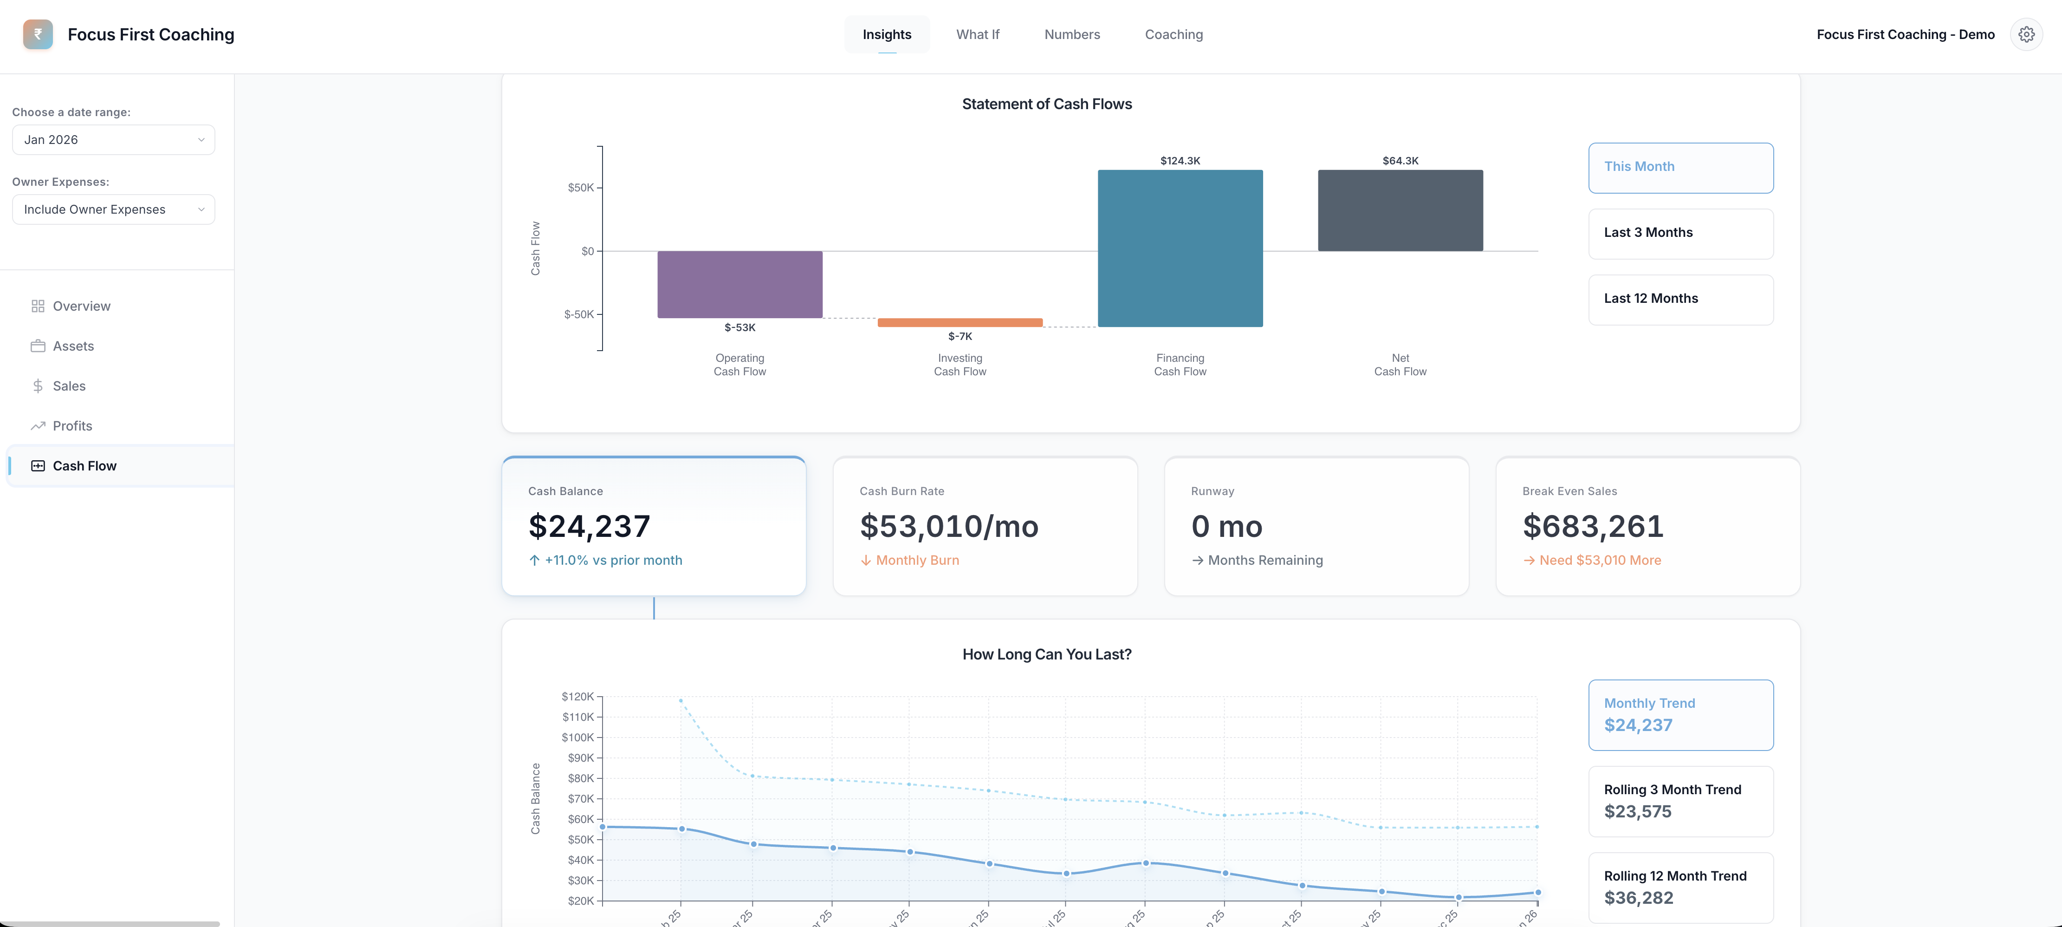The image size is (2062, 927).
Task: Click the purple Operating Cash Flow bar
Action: (739, 284)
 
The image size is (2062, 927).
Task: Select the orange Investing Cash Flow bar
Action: (960, 323)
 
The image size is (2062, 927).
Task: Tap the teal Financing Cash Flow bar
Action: (1180, 248)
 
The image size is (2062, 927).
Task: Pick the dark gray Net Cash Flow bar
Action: (1400, 210)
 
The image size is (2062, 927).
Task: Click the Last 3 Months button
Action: (1680, 233)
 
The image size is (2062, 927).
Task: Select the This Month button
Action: (1680, 167)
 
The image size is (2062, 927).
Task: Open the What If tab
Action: (977, 34)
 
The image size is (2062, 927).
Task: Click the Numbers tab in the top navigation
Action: (1072, 34)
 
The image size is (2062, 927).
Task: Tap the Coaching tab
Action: (1174, 34)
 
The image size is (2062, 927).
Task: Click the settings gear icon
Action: (2026, 34)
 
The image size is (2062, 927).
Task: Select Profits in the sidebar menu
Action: (72, 426)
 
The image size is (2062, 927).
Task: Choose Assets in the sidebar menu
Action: (73, 346)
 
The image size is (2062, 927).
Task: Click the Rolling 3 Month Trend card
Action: (1680, 801)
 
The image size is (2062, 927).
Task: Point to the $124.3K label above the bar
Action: (1180, 161)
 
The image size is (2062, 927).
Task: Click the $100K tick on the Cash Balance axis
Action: (577, 737)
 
